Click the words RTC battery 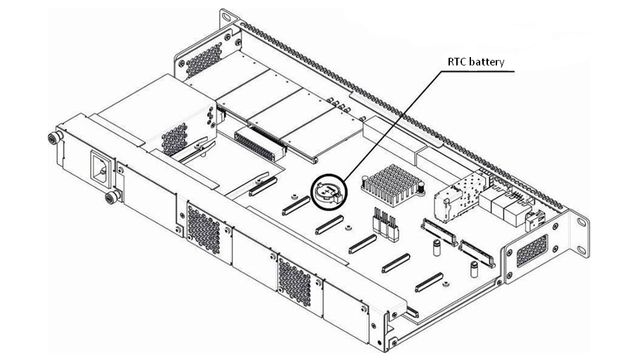pos(477,62)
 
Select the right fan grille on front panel pos(294,280)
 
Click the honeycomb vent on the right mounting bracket pos(532,249)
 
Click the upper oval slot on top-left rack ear pos(227,15)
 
